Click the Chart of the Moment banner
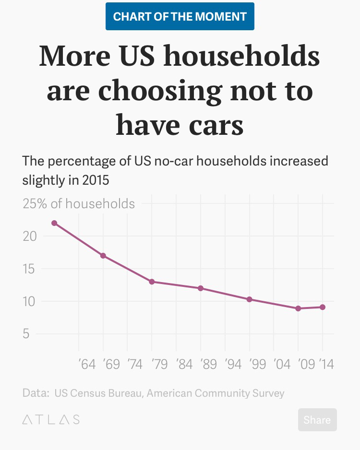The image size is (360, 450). click(x=180, y=17)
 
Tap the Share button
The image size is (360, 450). click(x=317, y=420)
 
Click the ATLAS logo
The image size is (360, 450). click(x=51, y=420)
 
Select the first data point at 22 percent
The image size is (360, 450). click(x=54, y=223)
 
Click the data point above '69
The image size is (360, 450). click(x=103, y=256)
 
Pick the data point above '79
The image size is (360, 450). click(x=152, y=282)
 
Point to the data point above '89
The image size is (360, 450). click(x=201, y=288)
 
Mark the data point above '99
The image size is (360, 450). click(x=249, y=299)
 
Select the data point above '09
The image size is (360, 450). click(x=298, y=308)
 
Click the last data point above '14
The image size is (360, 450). click(x=323, y=307)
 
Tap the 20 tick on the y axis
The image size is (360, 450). click(x=30, y=237)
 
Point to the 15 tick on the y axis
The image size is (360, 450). click(x=30, y=269)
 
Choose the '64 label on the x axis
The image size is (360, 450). click(x=87, y=365)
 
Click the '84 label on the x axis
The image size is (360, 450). click(x=184, y=365)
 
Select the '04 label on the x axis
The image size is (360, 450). click(x=282, y=365)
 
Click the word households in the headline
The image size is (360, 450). click(x=241, y=57)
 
